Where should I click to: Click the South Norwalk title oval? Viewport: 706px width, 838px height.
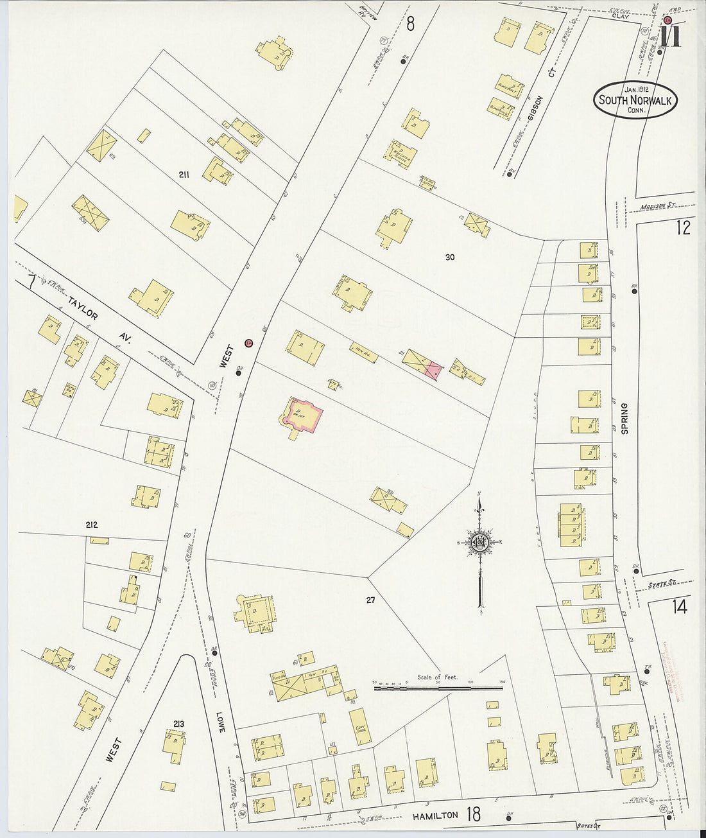coord(635,100)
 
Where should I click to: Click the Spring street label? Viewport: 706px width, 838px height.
coord(624,419)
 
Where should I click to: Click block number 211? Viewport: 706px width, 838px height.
coord(187,174)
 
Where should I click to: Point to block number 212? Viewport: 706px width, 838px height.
coord(91,525)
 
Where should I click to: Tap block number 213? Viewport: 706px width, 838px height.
coord(179,724)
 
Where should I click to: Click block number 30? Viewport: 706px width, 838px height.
coord(449,258)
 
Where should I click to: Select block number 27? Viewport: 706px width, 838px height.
coord(370,600)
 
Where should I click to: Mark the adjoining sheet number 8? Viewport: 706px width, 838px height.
coord(410,24)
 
